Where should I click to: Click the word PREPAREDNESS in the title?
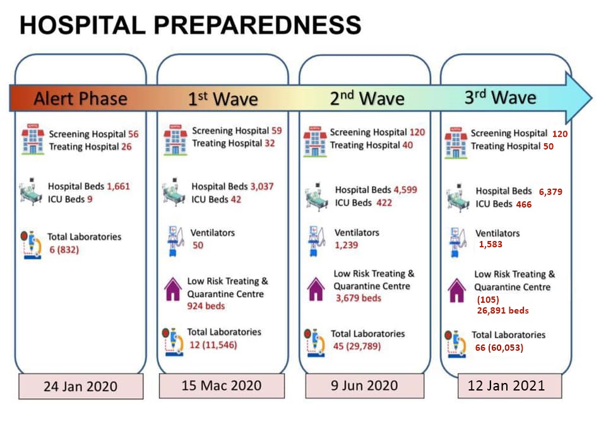coord(258,25)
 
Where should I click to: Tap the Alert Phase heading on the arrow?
coord(80,98)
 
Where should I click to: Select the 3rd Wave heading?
coord(500,97)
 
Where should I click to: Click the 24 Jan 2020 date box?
coord(81,386)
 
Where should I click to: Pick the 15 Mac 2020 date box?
coord(222,385)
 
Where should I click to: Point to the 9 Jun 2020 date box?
coord(364,385)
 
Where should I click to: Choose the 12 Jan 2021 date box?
coord(510,385)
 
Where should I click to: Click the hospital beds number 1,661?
coord(118,187)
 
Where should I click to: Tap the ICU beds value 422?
coord(384,203)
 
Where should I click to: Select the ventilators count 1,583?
coord(490,244)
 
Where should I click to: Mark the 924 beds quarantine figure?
coord(206,306)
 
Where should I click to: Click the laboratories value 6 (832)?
coord(64,250)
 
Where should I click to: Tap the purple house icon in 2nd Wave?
coord(316,289)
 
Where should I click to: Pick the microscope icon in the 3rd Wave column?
coord(455,344)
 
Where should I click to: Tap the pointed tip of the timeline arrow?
coord(591,98)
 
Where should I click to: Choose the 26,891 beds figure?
coord(503,310)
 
